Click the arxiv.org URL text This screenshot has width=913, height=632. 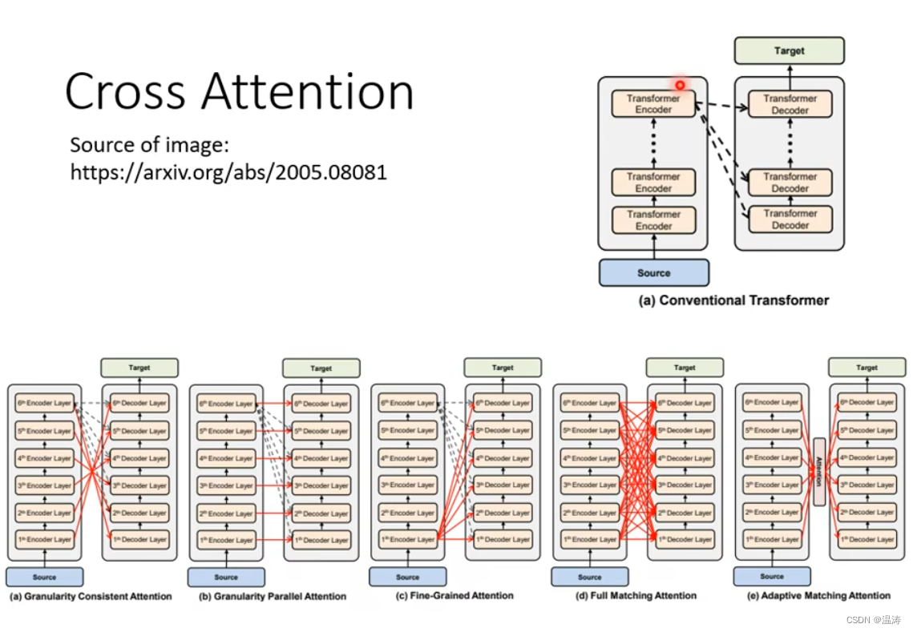(228, 171)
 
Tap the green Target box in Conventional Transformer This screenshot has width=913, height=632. (789, 50)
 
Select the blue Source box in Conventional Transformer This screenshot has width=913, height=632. (653, 272)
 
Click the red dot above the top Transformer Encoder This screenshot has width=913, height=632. (680, 85)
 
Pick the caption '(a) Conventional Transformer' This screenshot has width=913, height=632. (733, 300)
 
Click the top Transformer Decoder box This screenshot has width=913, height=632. (790, 104)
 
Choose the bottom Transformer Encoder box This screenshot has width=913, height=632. (653, 220)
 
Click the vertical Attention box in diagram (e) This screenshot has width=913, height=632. (818, 472)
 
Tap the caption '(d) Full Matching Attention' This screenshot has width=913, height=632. (636, 595)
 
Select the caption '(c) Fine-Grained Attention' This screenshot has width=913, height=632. (454, 595)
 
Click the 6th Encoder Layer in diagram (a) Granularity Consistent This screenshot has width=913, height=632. (45, 404)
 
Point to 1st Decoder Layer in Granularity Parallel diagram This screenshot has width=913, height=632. (319, 540)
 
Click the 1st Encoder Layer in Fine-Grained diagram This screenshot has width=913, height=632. (408, 540)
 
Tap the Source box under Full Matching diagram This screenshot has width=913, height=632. (589, 577)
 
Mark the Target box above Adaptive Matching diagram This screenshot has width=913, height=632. (867, 368)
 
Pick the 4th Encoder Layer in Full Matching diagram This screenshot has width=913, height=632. (590, 458)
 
